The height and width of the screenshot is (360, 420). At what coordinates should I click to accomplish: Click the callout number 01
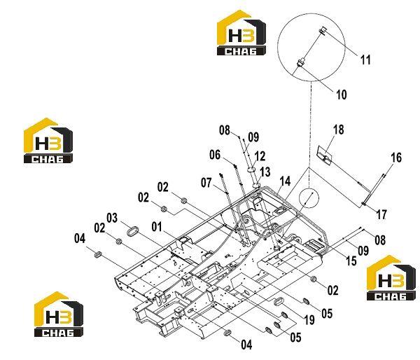tap(157, 227)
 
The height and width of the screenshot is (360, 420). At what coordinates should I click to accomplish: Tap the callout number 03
tap(112, 218)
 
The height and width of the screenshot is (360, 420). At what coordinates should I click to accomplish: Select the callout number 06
tap(215, 155)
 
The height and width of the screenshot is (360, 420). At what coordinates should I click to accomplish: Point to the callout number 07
tap(206, 183)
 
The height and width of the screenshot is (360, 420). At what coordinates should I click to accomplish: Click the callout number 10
tap(342, 95)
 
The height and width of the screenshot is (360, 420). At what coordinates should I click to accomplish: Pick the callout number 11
tap(365, 60)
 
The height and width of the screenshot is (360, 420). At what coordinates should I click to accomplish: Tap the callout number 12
tap(260, 156)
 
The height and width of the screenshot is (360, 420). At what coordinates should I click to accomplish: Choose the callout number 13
tap(265, 172)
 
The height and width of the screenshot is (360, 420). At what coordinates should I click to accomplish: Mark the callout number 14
tap(285, 181)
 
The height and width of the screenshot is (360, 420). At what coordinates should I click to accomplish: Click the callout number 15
tap(351, 261)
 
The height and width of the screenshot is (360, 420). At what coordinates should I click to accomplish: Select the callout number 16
tap(396, 158)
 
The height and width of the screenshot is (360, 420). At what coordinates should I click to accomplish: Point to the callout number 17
tap(381, 214)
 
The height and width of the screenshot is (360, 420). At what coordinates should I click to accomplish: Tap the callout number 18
tap(338, 130)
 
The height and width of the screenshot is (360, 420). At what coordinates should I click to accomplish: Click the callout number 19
tap(309, 319)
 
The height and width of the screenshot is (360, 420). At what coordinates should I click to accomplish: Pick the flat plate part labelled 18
tap(325, 155)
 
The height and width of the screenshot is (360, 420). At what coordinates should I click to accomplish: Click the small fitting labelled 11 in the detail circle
tap(323, 31)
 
